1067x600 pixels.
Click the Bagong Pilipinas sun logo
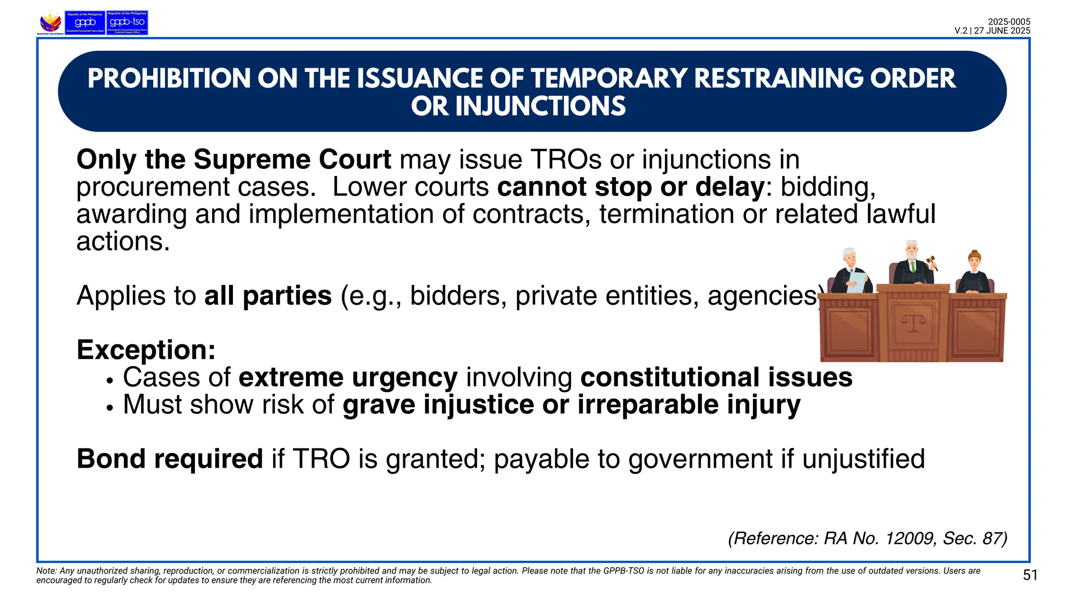pos(51,22)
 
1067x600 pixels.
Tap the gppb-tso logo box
pos(127,22)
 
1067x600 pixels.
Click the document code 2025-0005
pos(1009,21)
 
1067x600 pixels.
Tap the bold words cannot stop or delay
pos(630,187)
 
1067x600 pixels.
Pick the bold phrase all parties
pos(268,296)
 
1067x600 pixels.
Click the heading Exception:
pos(146,349)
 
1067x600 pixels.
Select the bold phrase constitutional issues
pos(716,377)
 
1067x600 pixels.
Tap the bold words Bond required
pos(169,459)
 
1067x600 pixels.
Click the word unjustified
pos(863,459)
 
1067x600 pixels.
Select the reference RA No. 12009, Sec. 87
pos(867,538)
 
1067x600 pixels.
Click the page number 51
pos(1030,575)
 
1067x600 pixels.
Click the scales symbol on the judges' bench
pos(913,324)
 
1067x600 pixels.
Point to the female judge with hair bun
pos(974,272)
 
